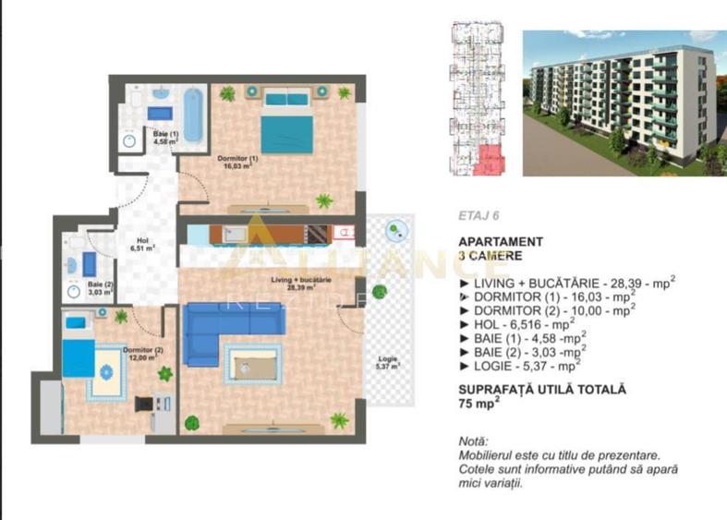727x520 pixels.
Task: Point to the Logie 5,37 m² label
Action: [388, 362]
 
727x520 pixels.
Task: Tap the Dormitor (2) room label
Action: [142, 354]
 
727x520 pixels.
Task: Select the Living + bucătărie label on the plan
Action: [301, 283]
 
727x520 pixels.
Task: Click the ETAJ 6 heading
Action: [479, 217]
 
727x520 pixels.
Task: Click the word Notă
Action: [473, 441]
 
